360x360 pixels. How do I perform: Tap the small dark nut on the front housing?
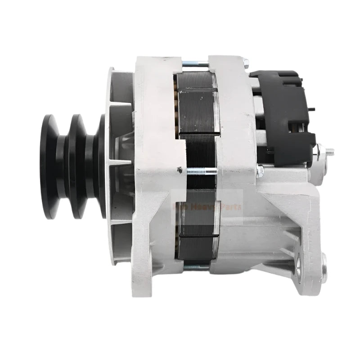[179, 170]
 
